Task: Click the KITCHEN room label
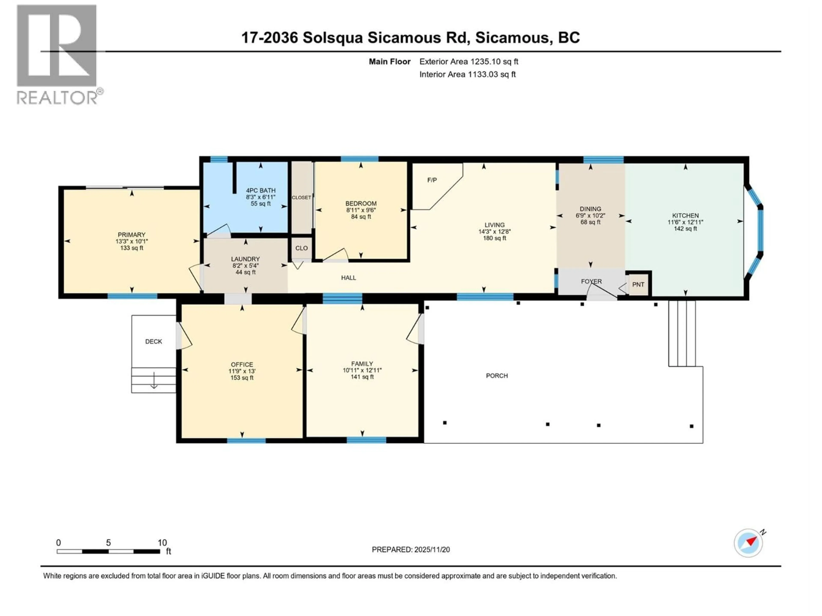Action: click(x=685, y=215)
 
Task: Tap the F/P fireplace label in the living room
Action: click(x=432, y=180)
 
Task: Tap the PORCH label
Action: click(x=497, y=376)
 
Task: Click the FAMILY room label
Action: click(x=362, y=364)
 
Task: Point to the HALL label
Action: click(x=348, y=278)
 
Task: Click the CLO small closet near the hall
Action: click(x=301, y=248)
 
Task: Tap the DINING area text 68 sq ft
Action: click(x=590, y=222)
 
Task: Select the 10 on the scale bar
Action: click(x=162, y=542)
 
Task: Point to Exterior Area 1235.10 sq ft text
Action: click(x=469, y=62)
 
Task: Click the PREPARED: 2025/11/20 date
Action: click(x=411, y=549)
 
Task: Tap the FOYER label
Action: click(x=591, y=281)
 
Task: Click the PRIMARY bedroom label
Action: click(x=132, y=235)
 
